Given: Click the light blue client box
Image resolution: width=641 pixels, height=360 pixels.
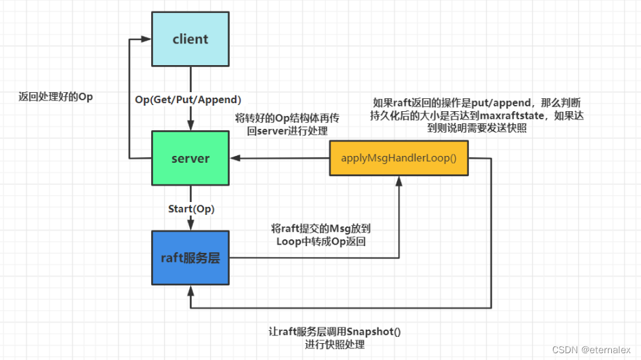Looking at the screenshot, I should [x=190, y=39].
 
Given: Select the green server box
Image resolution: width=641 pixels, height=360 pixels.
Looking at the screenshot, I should [x=190, y=158].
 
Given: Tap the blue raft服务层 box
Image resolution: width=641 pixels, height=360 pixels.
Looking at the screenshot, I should [x=190, y=258].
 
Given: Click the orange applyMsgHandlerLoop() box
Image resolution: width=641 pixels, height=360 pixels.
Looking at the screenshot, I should [x=398, y=158].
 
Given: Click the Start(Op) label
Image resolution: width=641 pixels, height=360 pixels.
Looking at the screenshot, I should [x=190, y=208].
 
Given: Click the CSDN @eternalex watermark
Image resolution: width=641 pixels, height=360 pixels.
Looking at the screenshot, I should [x=592, y=350].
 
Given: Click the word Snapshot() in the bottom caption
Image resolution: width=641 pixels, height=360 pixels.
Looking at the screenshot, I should [x=373, y=332].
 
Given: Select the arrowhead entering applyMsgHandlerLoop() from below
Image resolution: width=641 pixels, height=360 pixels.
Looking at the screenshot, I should [x=398, y=181].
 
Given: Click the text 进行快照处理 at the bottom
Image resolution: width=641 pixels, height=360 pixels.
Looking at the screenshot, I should [x=335, y=344].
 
